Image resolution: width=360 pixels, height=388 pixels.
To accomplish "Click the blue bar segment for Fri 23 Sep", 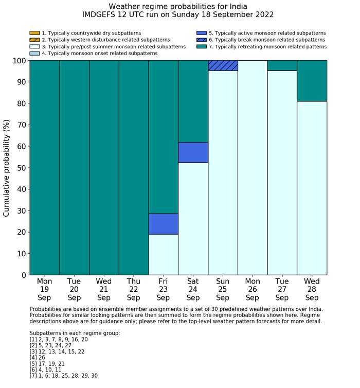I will [x=163, y=224].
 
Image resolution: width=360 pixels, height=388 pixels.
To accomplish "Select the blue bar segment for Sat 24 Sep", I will [x=193, y=152].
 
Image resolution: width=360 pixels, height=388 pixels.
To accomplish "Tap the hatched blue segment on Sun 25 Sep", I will [x=223, y=65].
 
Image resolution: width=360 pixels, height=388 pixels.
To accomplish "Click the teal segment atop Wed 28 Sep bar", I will [x=312, y=81].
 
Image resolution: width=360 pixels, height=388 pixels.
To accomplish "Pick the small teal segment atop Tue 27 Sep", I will [x=282, y=65].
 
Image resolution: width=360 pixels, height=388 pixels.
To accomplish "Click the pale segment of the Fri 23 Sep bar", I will [x=163, y=254].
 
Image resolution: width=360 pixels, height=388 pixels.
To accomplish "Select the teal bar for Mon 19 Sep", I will [x=44, y=167].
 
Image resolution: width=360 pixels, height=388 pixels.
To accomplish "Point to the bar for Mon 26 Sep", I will [x=252, y=167].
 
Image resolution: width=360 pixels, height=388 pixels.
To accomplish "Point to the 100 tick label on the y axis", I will [x=19, y=61].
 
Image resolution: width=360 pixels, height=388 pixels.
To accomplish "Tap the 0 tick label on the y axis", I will [x=23, y=275].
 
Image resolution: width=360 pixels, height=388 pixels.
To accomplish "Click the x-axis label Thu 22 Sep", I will [x=133, y=289].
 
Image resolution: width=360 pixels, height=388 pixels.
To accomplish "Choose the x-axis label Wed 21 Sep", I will [x=104, y=289].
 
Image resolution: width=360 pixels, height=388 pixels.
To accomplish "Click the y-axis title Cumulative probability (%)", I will [x=7, y=167].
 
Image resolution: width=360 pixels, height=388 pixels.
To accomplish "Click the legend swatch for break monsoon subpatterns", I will [x=202, y=40].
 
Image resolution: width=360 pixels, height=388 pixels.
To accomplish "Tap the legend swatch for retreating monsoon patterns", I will [x=202, y=46].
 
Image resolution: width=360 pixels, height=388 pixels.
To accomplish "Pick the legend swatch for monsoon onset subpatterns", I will [x=34, y=53].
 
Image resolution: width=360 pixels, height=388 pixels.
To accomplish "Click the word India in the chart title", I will [x=237, y=7].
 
